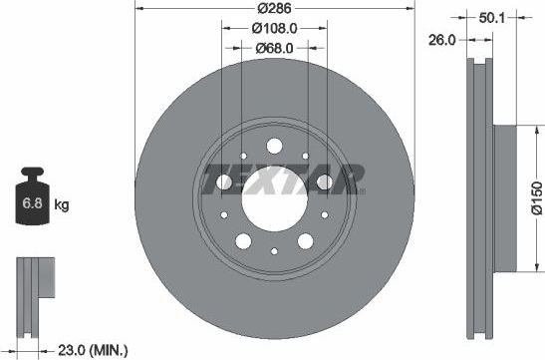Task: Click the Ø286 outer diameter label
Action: click(273, 8)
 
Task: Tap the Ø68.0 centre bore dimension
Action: click(273, 48)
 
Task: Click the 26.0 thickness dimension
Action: click(443, 41)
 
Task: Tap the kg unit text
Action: click(62, 206)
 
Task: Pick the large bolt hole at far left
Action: click(225, 183)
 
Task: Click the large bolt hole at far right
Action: click(324, 183)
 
